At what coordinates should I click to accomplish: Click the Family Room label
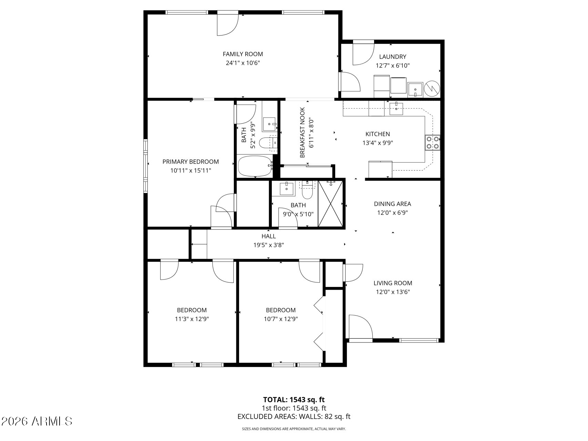(x=243, y=54)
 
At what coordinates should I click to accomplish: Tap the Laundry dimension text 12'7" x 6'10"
(x=392, y=65)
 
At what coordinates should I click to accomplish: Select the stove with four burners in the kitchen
(x=433, y=143)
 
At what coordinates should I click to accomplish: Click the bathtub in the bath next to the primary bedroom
(x=255, y=166)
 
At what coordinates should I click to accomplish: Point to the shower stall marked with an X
(x=331, y=204)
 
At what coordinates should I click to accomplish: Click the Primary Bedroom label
(x=190, y=162)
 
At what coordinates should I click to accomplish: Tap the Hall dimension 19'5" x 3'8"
(x=268, y=245)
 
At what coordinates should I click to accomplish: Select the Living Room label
(x=393, y=283)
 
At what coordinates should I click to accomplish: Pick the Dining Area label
(x=392, y=204)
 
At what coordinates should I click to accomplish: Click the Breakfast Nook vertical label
(x=302, y=133)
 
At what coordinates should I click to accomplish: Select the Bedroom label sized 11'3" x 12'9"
(x=192, y=310)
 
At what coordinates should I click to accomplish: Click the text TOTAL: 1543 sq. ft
(x=294, y=400)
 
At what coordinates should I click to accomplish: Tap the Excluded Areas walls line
(x=294, y=417)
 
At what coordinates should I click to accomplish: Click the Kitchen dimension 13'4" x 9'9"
(x=378, y=143)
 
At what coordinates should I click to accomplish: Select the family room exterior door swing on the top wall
(x=227, y=23)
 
